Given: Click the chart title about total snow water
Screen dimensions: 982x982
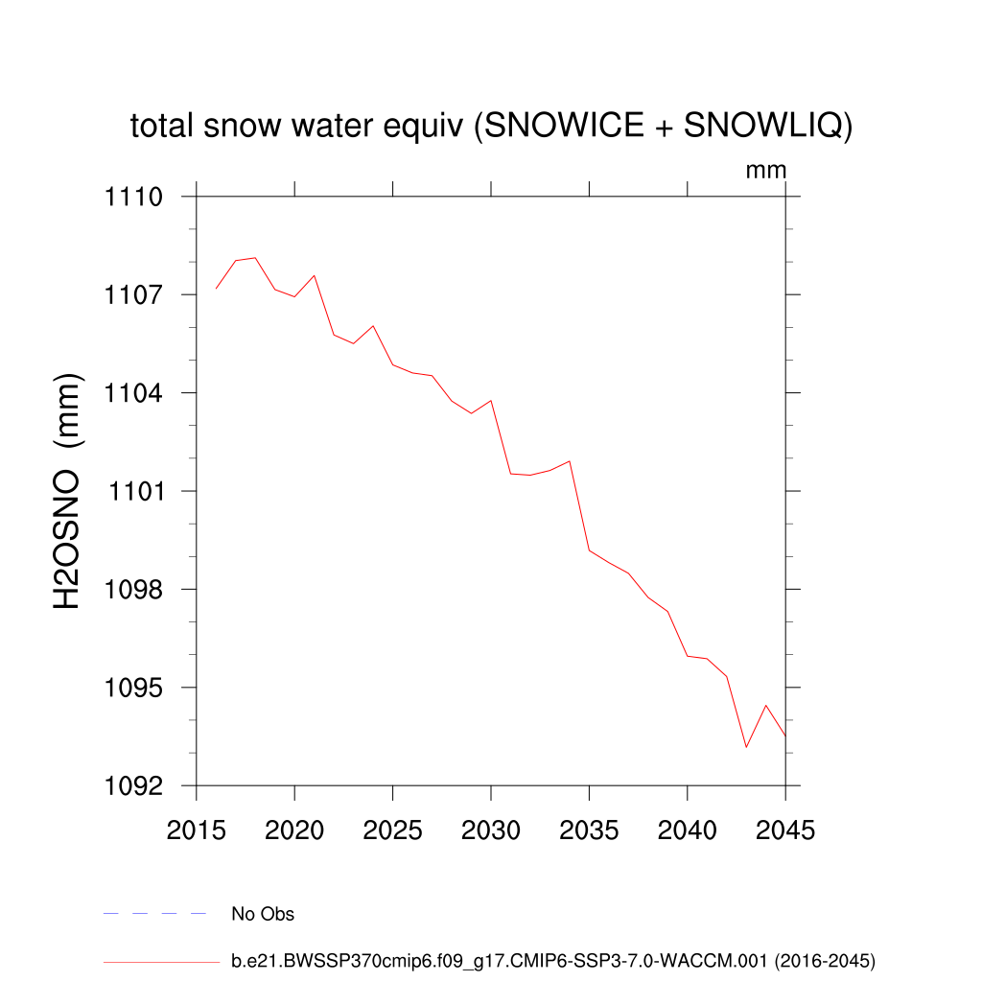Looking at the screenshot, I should point(491,126).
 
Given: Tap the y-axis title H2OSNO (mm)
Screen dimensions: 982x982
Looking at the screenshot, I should point(68,492).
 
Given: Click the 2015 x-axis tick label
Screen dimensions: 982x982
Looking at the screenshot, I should point(197,830).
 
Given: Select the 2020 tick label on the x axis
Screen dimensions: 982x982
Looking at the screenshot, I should point(294,830).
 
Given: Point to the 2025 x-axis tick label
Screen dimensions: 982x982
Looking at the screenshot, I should point(393,830).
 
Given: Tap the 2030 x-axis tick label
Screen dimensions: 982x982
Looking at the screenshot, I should point(491,830).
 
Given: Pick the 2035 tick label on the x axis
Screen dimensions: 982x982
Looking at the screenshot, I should point(590,830).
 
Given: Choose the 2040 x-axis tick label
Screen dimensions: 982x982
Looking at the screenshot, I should point(688,830).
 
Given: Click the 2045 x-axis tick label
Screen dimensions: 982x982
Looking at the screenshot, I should point(785,830).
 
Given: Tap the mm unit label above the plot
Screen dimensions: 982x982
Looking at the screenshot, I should point(766,171).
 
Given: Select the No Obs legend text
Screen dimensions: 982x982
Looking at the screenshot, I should point(263,914).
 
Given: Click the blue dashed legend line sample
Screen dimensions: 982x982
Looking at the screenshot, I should point(155,914).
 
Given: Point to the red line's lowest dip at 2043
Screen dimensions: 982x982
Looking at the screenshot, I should point(746,747).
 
